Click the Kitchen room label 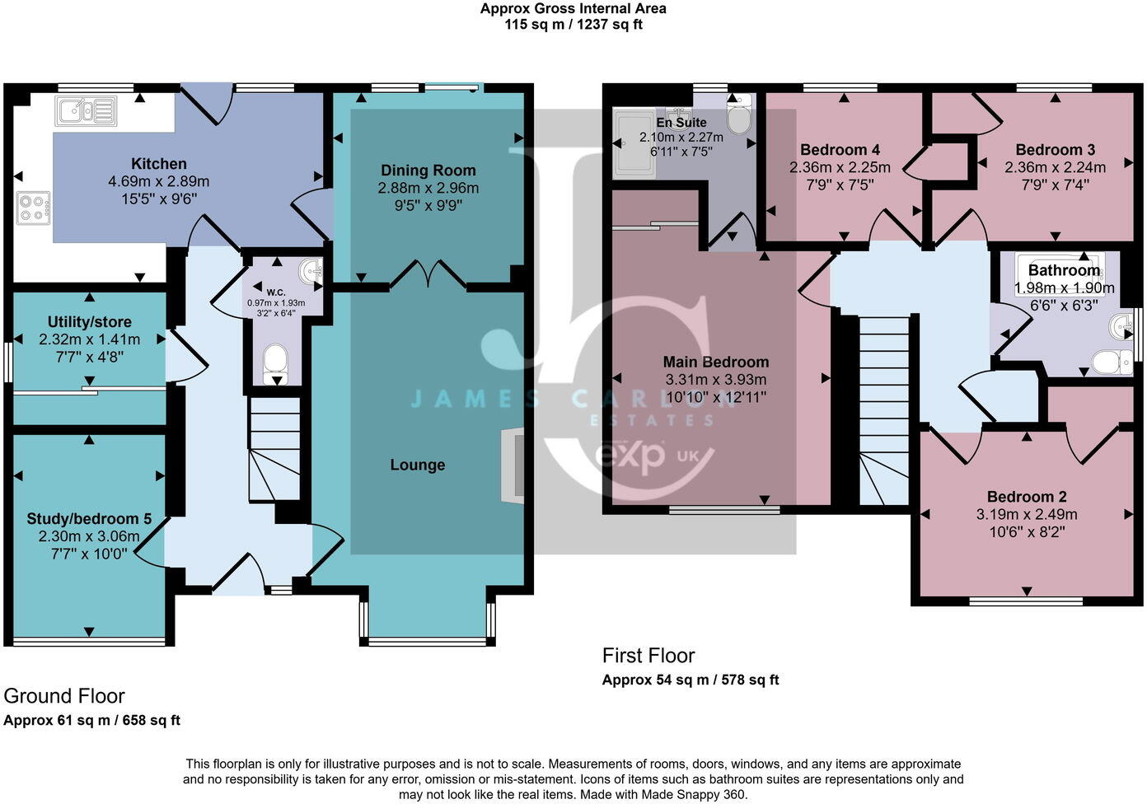tap(158, 164)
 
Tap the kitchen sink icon tap(85, 110)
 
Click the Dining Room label tap(428, 171)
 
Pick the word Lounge tap(417, 465)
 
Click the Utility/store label tap(89, 322)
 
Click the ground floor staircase tap(274, 449)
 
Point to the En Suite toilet tap(739, 115)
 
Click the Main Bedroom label tap(715, 362)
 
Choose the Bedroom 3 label tap(1055, 150)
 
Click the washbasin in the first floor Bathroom tap(1121, 326)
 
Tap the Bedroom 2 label tap(1027, 497)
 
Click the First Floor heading tap(648, 656)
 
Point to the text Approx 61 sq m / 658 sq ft tap(91, 720)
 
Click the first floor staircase tap(884, 412)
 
